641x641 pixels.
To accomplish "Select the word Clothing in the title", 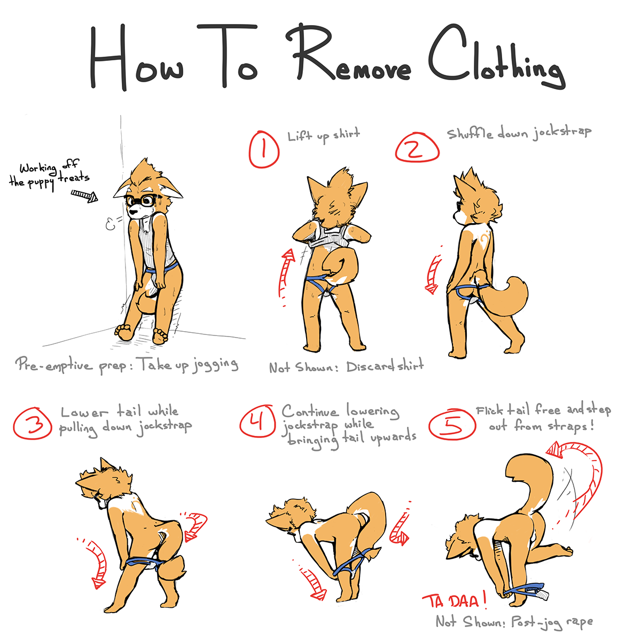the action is [x=496, y=57].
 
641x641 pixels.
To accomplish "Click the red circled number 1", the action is [x=264, y=150].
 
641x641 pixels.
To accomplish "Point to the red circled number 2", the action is [x=417, y=147].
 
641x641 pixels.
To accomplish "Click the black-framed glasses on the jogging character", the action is [x=142, y=200].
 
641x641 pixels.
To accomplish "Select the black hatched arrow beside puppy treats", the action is [x=84, y=196].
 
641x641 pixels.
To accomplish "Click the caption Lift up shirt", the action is [x=323, y=135].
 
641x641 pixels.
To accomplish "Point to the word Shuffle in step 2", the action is [x=470, y=134].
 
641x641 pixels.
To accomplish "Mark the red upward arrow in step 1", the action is [x=286, y=277].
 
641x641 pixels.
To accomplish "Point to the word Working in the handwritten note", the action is [x=37, y=168].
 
